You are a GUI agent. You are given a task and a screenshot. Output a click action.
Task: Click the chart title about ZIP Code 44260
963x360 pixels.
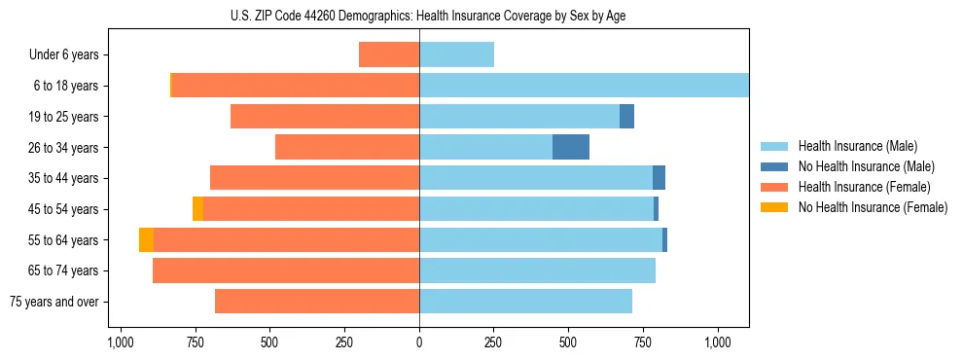tap(419, 16)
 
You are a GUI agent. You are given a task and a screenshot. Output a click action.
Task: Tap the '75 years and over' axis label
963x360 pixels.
tap(54, 302)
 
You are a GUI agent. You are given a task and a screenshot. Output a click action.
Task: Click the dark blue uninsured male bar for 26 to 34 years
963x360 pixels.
tap(571, 147)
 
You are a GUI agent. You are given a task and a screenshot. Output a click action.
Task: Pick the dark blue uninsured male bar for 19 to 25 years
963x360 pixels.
tap(626, 117)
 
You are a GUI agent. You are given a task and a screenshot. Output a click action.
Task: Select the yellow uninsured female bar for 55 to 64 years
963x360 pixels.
tap(146, 240)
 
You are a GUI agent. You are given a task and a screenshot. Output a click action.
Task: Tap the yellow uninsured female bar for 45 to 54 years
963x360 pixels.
tap(197, 209)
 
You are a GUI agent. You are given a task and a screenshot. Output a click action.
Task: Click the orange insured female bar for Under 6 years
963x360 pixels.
tap(389, 54)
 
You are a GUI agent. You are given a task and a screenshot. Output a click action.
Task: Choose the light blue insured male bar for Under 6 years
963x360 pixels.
tap(456, 54)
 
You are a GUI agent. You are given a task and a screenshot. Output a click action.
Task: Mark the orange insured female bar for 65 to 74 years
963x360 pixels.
tap(286, 270)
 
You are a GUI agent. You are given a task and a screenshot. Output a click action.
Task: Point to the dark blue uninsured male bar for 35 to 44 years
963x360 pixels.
tap(659, 178)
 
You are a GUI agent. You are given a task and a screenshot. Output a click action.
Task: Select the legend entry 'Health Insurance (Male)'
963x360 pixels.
tap(857, 146)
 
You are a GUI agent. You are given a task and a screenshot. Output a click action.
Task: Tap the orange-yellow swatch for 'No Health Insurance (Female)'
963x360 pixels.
tap(775, 207)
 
